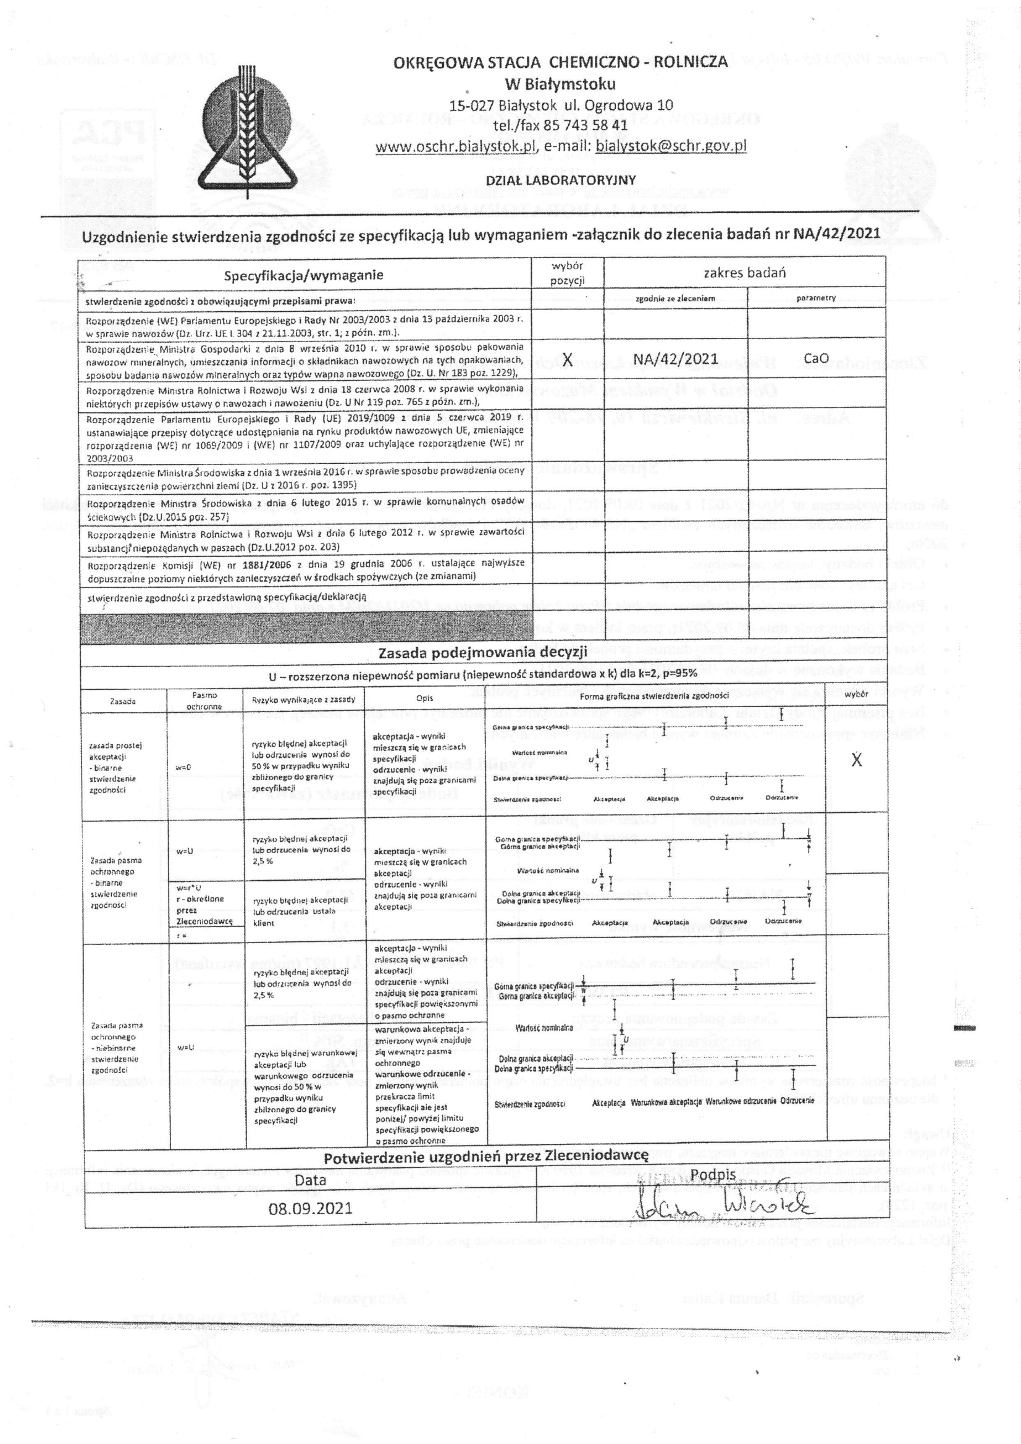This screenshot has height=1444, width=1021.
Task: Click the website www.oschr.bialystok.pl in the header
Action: pyautogui.click(x=455, y=146)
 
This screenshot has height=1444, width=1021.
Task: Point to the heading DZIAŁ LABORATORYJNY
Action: pyautogui.click(x=560, y=180)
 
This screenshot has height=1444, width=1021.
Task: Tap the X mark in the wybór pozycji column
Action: pyautogui.click(x=568, y=359)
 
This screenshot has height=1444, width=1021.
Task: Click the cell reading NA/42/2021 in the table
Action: pyautogui.click(x=675, y=359)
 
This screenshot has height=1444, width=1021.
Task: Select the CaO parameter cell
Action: pyautogui.click(x=816, y=358)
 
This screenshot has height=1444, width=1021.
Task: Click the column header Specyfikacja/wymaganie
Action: pyautogui.click(x=304, y=275)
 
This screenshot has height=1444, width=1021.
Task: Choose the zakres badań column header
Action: pyautogui.click(x=744, y=272)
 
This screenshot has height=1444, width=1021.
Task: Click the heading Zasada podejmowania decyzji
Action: pyautogui.click(x=482, y=652)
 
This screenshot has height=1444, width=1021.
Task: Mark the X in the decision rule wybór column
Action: pyautogui.click(x=856, y=760)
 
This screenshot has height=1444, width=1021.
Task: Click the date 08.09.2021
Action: pyautogui.click(x=310, y=1209)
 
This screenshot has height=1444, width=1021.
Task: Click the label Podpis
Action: pyautogui.click(x=713, y=1174)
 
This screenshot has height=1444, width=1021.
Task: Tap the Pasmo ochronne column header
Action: pyautogui.click(x=204, y=700)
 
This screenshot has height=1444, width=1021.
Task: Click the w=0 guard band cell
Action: pyautogui.click(x=183, y=767)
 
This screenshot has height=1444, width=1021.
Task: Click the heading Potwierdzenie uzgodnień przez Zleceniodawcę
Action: pyautogui.click(x=485, y=1156)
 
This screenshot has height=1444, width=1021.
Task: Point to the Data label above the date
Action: pyautogui.click(x=310, y=1179)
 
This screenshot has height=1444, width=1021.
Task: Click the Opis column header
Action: pyautogui.click(x=424, y=698)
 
